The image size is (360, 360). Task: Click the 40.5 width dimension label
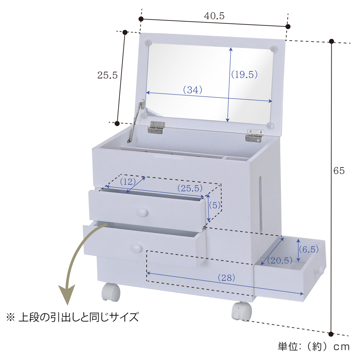point(214,16)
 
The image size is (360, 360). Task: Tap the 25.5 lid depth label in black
point(107,75)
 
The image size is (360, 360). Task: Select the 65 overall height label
point(339,171)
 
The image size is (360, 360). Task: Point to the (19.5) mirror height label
point(244,74)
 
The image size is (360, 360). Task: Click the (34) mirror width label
point(193,89)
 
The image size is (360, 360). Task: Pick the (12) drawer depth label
point(127,181)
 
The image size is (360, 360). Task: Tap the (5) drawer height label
point(214,205)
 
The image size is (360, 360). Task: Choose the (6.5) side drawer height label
point(309,249)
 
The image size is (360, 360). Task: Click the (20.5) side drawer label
point(280,260)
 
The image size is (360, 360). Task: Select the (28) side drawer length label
point(226,277)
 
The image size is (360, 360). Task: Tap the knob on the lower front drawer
point(136,248)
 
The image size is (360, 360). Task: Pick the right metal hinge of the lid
point(254,136)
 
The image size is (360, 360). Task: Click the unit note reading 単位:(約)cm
point(314,347)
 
